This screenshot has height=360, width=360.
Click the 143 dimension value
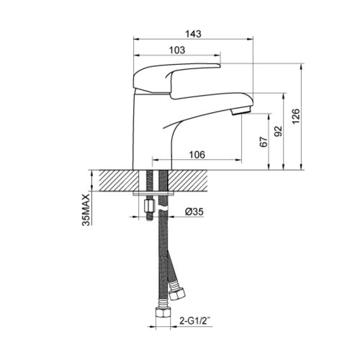[193, 34]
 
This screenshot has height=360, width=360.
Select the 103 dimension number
[177, 50]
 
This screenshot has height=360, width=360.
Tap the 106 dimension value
[197, 155]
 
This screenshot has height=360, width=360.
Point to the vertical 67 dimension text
[264, 142]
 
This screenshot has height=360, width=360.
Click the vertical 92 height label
[279, 131]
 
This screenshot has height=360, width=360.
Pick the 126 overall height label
[296, 117]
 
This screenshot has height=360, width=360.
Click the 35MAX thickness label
[86, 210]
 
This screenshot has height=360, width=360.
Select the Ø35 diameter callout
[194, 212]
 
